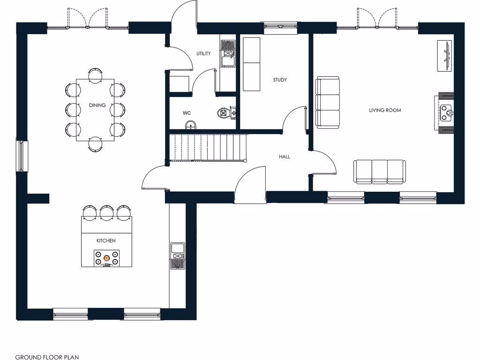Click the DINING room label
click(x=97, y=105)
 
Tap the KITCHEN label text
click(x=106, y=240)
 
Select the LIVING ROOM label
click(x=385, y=110)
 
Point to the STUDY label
click(x=280, y=80)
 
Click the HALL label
click(x=284, y=157)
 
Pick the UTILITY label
click(x=203, y=54)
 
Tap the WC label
click(x=186, y=113)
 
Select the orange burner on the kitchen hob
click(x=107, y=257)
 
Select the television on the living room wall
click(x=445, y=56)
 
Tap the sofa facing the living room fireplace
click(x=328, y=102)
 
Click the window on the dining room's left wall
click(x=22, y=156)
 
